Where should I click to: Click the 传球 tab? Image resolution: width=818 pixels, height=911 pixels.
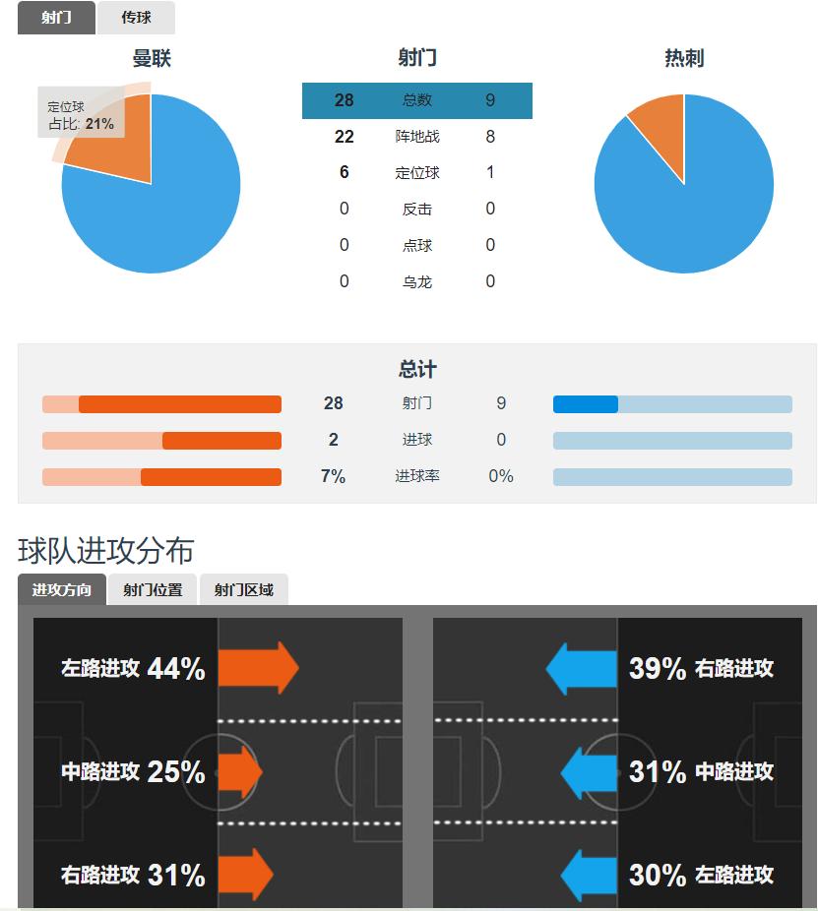pos(136,18)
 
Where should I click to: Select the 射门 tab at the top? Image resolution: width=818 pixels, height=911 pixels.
pos(56,18)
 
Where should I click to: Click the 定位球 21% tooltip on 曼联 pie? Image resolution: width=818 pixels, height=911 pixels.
pos(81,115)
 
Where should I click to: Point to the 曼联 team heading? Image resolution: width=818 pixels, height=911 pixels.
pos(152,58)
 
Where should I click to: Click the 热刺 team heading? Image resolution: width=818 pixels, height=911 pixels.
pos(684,58)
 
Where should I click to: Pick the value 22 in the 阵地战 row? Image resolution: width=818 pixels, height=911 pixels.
pos(344,137)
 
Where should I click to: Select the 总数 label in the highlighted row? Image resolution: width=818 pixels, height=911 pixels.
pos(417,100)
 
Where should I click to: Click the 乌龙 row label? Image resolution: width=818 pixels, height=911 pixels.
pos(417,282)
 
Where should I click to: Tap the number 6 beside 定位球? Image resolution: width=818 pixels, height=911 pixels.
pos(344,173)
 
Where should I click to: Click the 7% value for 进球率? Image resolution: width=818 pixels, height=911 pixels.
pos(334,477)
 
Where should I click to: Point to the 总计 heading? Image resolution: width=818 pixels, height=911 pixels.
pos(417,370)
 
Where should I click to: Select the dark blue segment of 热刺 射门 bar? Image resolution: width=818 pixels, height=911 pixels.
pos(586,404)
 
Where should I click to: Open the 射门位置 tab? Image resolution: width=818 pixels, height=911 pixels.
pos(153,590)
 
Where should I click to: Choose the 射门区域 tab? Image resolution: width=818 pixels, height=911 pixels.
pos(244,590)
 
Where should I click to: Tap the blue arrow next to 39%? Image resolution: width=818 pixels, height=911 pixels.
pos(582,669)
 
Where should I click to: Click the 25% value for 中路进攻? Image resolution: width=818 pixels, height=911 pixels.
pos(176,772)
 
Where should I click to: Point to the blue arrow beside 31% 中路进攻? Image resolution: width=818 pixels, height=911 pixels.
pos(589,772)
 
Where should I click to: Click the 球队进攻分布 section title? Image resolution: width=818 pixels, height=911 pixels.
pos(106,551)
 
